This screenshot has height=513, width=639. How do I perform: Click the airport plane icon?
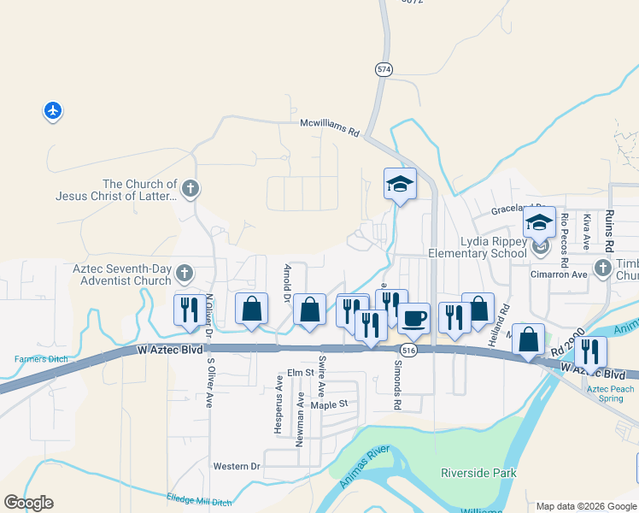point(53,110)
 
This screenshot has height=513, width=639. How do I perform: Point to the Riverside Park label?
point(478,473)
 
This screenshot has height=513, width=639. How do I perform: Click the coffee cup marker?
point(413,319)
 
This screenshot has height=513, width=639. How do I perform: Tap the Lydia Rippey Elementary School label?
point(494,247)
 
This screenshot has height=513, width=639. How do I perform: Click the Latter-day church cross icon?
point(190,188)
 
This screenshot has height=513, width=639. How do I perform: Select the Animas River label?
point(365,467)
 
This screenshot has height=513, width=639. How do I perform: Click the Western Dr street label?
point(237,466)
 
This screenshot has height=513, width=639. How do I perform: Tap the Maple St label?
point(331,404)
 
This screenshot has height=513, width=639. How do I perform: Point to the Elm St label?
point(301,373)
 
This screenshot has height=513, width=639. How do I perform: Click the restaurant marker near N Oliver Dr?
point(190,309)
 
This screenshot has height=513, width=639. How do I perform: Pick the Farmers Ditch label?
point(41,359)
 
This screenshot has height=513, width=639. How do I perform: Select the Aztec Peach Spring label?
point(610,393)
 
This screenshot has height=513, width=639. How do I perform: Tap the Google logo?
point(28,503)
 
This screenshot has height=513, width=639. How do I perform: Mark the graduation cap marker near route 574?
point(400,183)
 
